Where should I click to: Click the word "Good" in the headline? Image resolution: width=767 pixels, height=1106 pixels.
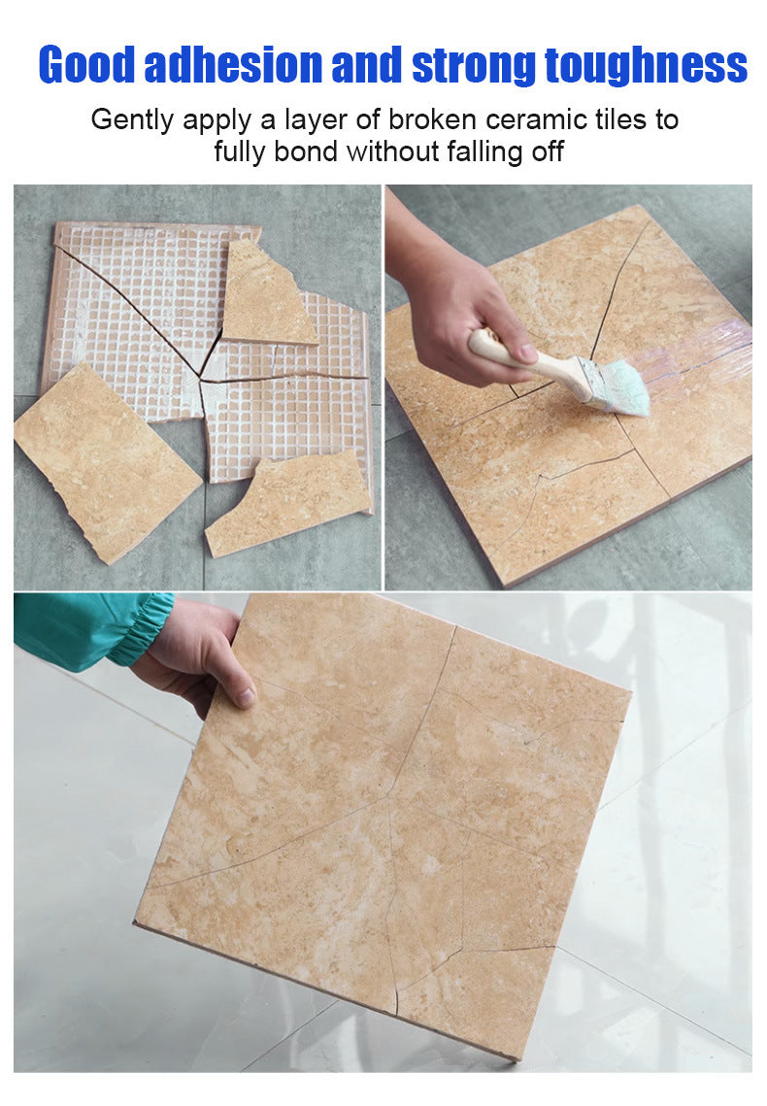[86, 65]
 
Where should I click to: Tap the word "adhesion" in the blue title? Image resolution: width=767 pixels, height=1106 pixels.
[233, 65]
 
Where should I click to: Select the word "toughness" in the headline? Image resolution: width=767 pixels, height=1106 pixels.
[646, 66]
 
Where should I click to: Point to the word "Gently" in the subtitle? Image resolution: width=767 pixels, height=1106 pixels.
[133, 120]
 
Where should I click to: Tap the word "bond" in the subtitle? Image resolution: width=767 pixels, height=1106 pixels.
[306, 151]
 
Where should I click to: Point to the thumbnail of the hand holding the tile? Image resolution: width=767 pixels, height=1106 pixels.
[244, 696]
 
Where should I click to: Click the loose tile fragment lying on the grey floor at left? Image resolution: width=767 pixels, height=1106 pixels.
[106, 462]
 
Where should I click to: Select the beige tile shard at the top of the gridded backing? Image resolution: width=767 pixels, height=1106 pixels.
[265, 293]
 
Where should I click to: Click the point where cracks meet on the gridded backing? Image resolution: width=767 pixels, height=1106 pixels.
[202, 381]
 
